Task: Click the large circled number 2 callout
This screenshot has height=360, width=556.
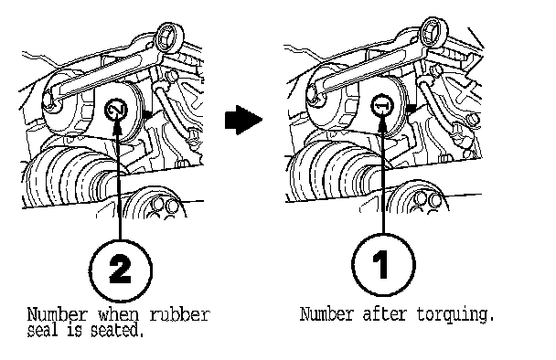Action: [x=121, y=270]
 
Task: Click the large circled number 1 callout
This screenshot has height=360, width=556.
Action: [x=383, y=265]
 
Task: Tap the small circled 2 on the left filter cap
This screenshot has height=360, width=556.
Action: [x=116, y=109]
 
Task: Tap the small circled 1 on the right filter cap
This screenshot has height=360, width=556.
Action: [x=382, y=105]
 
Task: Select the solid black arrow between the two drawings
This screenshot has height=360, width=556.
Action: [x=243, y=120]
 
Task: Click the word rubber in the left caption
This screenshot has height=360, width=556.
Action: [x=179, y=314]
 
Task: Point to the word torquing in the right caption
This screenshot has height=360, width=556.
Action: [x=455, y=314]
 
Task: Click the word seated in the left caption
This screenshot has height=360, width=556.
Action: [x=118, y=331]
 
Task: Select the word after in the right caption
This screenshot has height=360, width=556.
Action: [x=384, y=314]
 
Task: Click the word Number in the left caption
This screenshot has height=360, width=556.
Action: [x=57, y=314]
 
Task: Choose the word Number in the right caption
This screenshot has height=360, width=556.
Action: [x=326, y=314]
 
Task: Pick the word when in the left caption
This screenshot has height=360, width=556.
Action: [x=118, y=314]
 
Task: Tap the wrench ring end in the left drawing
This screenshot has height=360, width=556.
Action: [x=169, y=37]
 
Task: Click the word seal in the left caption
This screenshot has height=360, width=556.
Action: [x=42, y=331]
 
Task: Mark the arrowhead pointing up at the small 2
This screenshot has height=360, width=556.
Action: [x=118, y=126]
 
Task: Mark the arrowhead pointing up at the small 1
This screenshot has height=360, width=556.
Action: [x=382, y=122]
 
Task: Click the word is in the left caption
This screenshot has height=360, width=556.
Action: [x=74, y=331]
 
